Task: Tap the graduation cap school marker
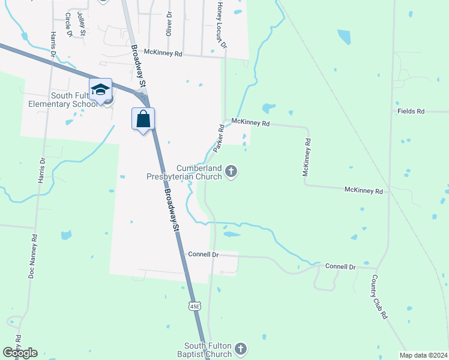click(100, 90)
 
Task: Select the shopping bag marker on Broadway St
click(143, 119)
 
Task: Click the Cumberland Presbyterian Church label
click(184, 172)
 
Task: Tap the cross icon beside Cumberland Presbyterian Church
click(231, 173)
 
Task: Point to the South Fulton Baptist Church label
click(208, 349)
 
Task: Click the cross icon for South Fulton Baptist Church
click(240, 349)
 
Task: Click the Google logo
click(20, 353)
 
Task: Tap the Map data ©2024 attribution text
click(423, 355)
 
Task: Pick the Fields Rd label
click(411, 112)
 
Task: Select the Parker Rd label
click(218, 138)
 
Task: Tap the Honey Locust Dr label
click(221, 25)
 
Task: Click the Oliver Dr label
click(169, 23)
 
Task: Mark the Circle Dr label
click(68, 25)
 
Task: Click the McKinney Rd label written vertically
click(307, 157)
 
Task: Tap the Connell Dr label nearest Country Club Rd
click(340, 266)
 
